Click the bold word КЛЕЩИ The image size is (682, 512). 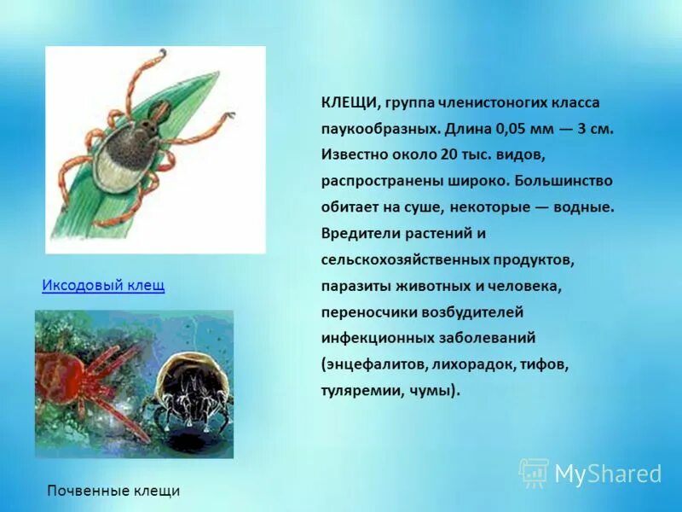350,103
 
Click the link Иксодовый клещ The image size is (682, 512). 103,285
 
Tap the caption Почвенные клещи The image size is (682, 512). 113,491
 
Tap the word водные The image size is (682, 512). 584,207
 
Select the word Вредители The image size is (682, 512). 361,233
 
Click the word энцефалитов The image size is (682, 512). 375,364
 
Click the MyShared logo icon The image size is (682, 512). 534,473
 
